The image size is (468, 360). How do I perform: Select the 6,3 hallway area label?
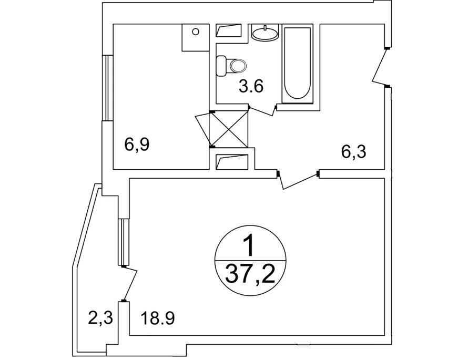coord(353,153)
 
